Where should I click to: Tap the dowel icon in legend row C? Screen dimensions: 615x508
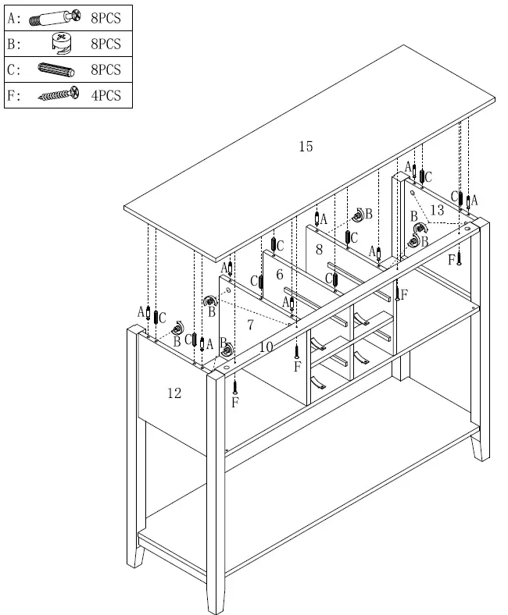click(x=55, y=69)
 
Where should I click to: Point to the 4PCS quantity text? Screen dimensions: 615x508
click(x=106, y=95)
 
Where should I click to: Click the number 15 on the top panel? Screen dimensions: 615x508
click(x=306, y=146)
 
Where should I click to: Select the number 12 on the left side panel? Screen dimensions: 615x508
click(x=174, y=393)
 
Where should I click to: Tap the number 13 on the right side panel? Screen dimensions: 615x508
click(x=436, y=210)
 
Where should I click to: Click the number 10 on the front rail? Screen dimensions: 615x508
click(x=266, y=347)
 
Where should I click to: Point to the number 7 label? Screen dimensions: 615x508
click(x=250, y=324)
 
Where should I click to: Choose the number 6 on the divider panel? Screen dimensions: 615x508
click(x=279, y=275)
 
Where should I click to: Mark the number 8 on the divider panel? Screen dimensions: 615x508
click(x=319, y=250)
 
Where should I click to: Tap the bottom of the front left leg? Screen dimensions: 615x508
click(x=217, y=609)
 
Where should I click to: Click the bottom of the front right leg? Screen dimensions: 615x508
click(x=477, y=457)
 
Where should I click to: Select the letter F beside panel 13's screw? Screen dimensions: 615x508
click(x=452, y=260)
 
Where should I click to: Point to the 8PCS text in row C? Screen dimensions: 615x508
click(x=106, y=69)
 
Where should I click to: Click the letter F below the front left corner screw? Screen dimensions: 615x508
click(x=234, y=403)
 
